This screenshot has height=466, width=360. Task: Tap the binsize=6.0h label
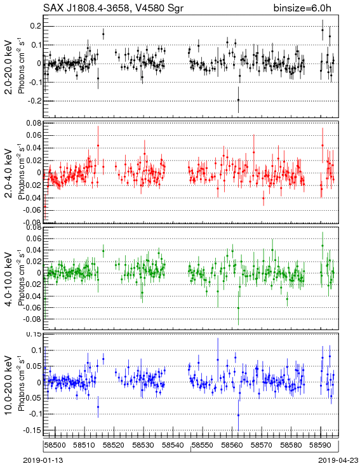point(302,8)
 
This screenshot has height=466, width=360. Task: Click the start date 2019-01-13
point(43,460)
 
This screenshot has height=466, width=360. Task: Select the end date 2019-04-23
point(338,460)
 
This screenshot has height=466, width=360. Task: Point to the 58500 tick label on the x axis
point(55,445)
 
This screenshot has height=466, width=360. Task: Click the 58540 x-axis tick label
point(173,445)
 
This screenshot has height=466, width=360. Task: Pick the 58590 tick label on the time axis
point(321,445)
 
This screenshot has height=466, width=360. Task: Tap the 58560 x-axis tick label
point(232,445)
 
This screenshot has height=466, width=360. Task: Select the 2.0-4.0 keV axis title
point(9,173)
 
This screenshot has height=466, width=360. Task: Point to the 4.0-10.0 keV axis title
point(9,279)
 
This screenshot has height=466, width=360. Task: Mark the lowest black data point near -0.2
point(238,100)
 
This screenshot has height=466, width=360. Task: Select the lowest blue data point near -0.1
point(238,415)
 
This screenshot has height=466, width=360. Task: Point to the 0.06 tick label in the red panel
point(33,135)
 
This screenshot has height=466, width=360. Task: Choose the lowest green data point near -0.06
point(238,308)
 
